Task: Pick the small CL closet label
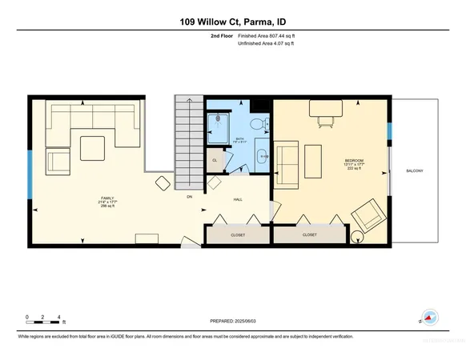pos(215,160)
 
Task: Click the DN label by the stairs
pos(189,196)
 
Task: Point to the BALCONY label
pos(415,170)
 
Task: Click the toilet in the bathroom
pos(255,123)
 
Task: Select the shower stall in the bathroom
pos(219,124)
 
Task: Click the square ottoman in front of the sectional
pos(92,147)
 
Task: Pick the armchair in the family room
pos(58,161)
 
